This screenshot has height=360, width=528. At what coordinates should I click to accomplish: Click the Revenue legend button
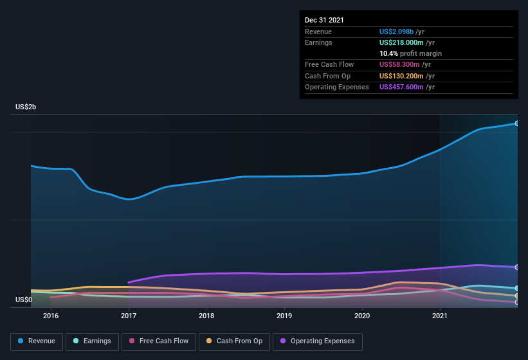click(x=37, y=341)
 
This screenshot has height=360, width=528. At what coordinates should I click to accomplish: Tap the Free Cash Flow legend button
click(x=160, y=341)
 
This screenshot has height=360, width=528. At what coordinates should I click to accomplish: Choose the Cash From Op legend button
click(x=234, y=341)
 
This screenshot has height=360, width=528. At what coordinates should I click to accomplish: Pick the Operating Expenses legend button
click(x=318, y=341)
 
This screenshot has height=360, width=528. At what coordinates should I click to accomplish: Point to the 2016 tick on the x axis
click(x=51, y=316)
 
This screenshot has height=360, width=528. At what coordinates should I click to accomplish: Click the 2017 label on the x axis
click(x=129, y=316)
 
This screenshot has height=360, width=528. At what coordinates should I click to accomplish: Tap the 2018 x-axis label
click(x=206, y=316)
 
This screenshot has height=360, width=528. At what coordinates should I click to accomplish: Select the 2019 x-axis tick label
click(x=284, y=316)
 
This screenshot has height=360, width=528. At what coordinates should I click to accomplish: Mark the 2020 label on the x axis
click(x=362, y=316)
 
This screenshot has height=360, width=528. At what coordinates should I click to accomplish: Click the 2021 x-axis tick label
click(x=440, y=316)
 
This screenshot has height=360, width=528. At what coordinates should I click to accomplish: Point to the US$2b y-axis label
click(x=26, y=107)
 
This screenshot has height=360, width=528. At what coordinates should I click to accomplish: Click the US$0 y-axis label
click(x=24, y=300)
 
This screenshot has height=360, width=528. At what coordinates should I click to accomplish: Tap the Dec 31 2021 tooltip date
click(x=324, y=20)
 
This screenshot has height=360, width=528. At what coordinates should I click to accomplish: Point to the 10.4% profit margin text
click(x=410, y=53)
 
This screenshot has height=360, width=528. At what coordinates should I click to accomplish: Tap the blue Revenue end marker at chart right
click(x=516, y=123)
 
